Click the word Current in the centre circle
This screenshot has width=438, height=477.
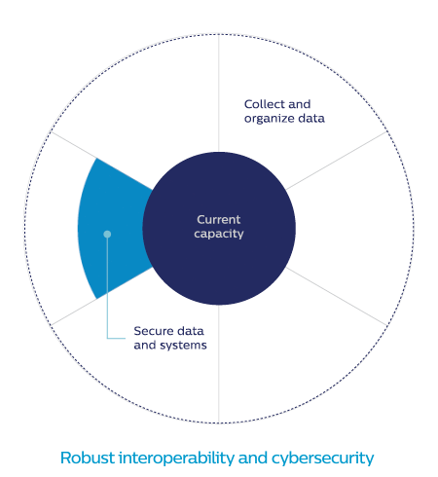pos(219,220)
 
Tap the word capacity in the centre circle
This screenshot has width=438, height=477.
pos(219,234)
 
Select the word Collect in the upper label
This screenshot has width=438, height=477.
pos(264,104)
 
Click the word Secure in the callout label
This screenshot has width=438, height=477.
pos(154,331)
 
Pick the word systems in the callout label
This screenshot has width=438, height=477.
pos(184,346)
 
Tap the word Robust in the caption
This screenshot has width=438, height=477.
pos(88,458)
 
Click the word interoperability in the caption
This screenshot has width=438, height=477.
pos(176,459)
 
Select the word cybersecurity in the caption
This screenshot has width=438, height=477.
pos(323,459)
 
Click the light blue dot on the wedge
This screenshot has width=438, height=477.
pos(107,234)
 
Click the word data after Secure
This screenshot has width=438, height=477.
pos(190,331)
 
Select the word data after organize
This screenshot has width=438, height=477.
pos(311,119)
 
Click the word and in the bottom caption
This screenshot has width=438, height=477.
pos(253,458)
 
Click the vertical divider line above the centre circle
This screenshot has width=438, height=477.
pos(219,93)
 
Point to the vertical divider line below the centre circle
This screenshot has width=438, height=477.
pos(219,364)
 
